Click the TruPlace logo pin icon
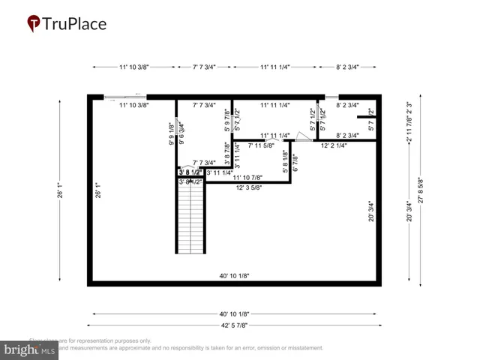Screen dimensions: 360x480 pyautogui.click(x=33, y=24)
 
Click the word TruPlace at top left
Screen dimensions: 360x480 pyautogui.click(x=74, y=24)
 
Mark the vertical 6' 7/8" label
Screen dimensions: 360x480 pyautogui.click(x=295, y=163)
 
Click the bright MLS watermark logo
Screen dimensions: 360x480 pyautogui.click(x=30, y=349)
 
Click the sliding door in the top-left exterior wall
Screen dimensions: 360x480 pyautogui.click(x=124, y=96)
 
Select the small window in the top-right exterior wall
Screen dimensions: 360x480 pyautogui.click(x=331, y=96)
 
